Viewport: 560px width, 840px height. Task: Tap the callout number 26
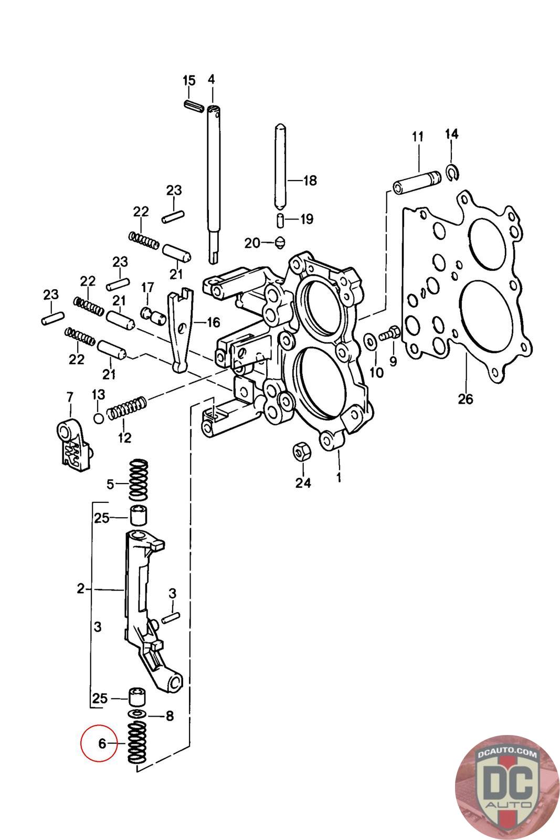pyautogui.click(x=465, y=399)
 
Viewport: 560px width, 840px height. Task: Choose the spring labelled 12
pyautogui.click(x=126, y=407)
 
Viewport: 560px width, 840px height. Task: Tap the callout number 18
pyautogui.click(x=310, y=181)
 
